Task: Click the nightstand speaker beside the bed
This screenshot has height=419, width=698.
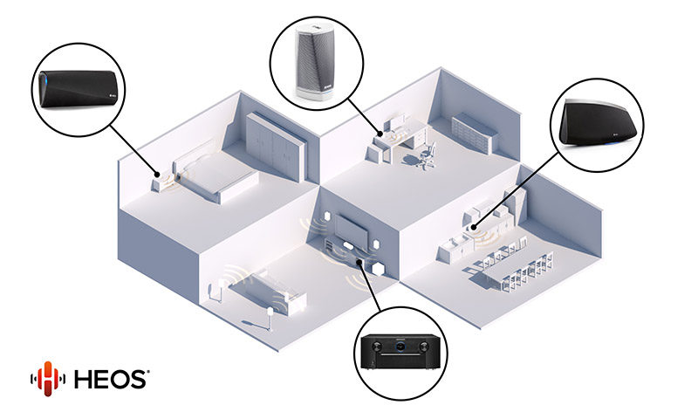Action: point(160,182)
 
